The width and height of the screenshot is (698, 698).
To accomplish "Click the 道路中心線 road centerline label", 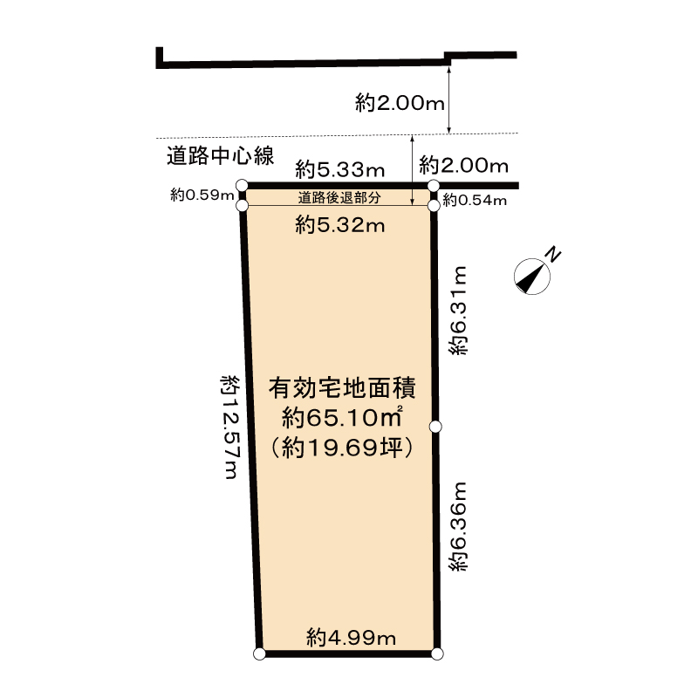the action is click(x=221, y=156).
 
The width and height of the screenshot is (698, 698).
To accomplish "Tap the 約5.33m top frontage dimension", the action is click(x=340, y=169).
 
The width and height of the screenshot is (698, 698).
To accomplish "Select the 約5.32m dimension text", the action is click(x=340, y=225).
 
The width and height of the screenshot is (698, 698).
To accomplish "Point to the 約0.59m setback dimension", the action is click(x=202, y=195).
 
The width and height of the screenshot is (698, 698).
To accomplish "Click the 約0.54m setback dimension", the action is click(x=475, y=201).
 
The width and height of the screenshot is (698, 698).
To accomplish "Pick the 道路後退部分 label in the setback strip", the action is click(x=339, y=198).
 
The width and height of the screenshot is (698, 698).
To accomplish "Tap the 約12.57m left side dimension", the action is click(x=230, y=427).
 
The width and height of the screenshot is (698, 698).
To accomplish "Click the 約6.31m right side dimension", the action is click(x=458, y=311).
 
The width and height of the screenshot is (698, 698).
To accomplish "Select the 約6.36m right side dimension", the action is click(x=458, y=526).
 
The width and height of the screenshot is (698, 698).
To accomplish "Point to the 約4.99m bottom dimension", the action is click(x=352, y=639).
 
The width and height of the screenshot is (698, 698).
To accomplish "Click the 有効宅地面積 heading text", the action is click(x=342, y=388).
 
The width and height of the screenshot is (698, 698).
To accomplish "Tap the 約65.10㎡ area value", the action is click(x=342, y=418).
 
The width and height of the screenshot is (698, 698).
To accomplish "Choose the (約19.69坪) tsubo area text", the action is click(x=342, y=448).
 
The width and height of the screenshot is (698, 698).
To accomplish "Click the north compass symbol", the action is click(x=531, y=277).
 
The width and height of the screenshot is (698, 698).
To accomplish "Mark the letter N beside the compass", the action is click(x=553, y=254).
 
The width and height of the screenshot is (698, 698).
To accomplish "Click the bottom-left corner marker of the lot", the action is click(x=259, y=654).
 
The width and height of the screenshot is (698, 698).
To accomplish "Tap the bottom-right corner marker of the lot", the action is click(x=437, y=654).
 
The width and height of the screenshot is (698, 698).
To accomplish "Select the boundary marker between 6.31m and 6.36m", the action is click(x=435, y=427).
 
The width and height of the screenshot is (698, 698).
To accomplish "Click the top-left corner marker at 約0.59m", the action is click(x=242, y=184).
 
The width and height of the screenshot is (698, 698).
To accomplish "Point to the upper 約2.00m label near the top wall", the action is click(x=400, y=103).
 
